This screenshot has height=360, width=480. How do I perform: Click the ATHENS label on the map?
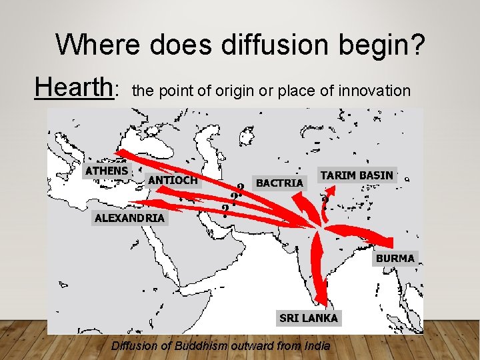pos(107,171)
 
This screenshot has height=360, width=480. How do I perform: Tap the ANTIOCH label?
pos(173,180)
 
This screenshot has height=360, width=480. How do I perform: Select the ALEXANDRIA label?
pos(129,218)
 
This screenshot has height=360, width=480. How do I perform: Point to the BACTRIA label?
pos(280,182)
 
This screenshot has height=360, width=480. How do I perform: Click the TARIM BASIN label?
pos(357,175)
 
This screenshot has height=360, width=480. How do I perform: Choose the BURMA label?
pos(395,258)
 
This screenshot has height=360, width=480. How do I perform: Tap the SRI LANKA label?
pos(309,318)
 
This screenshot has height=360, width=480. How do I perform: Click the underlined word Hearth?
pos(74,87)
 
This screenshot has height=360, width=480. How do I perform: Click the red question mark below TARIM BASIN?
pos(325,201)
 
